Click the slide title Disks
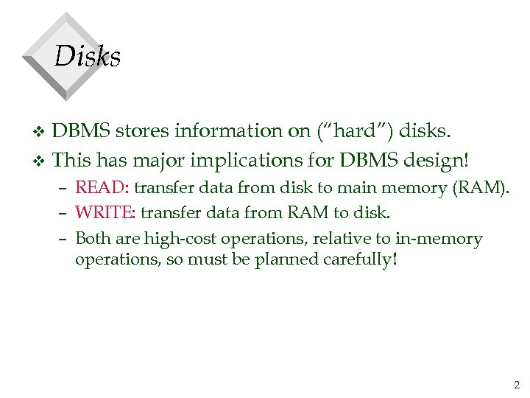88,57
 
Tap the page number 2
517,384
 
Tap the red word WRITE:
105,214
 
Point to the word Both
93,239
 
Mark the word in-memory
440,239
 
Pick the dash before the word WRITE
65,214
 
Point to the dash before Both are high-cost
65,240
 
